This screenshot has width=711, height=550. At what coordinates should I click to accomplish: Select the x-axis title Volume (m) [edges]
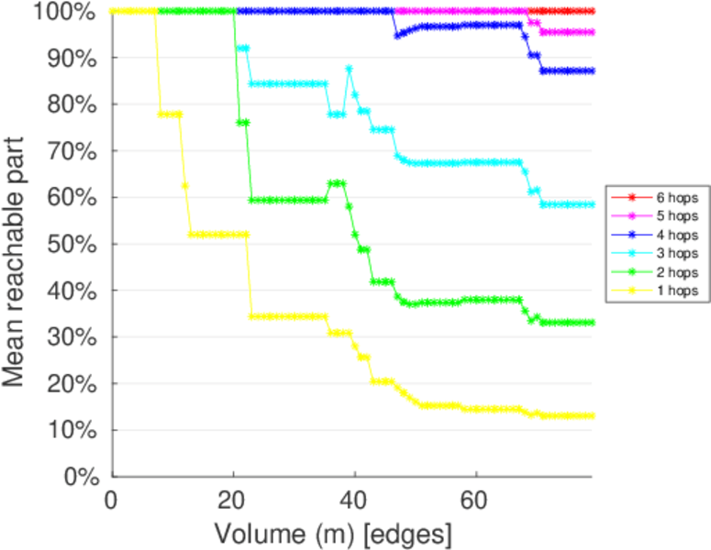pos(333,532)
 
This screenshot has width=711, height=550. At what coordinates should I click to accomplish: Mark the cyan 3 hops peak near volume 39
pos(349,69)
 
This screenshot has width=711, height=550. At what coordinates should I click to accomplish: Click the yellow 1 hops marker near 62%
pos(185,185)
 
